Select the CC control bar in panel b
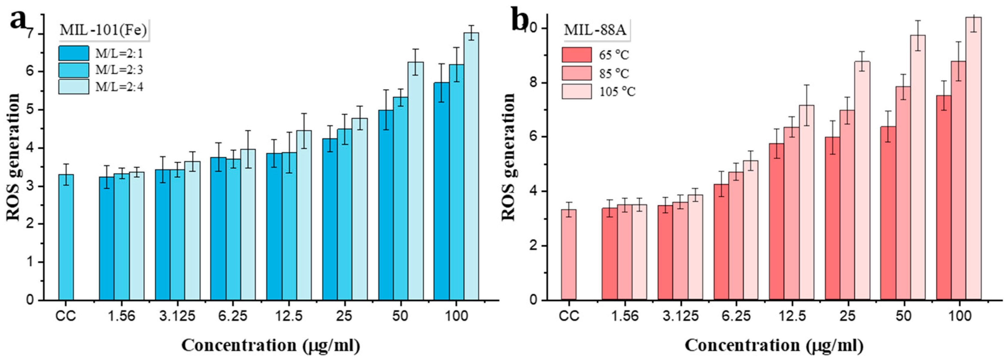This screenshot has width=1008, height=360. (x=568, y=255)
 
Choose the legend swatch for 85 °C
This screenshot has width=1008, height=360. (x=577, y=73)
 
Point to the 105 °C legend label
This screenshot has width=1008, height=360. (x=617, y=91)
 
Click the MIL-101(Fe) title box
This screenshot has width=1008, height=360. (x=103, y=31)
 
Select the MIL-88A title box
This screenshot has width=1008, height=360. (x=595, y=31)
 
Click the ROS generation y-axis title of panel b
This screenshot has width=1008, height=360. (x=509, y=156)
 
